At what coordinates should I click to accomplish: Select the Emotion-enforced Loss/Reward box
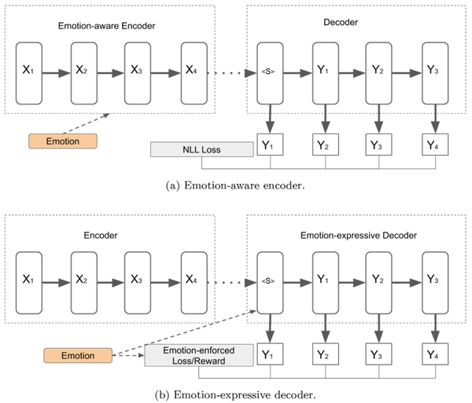coord(198,356)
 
